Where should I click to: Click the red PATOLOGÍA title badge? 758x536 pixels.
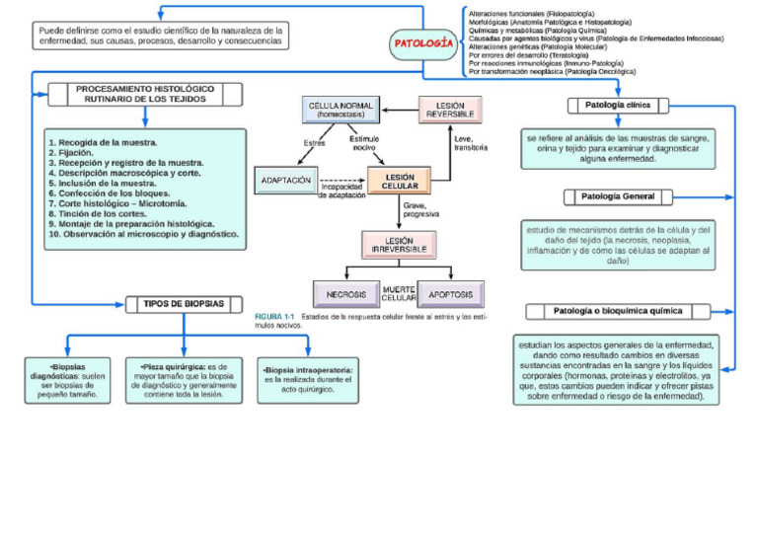(x=423, y=42)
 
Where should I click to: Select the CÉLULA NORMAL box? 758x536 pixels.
(x=341, y=109)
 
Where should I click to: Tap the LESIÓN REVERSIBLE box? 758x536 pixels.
(x=450, y=109)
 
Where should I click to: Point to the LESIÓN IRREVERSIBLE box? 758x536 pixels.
(x=399, y=244)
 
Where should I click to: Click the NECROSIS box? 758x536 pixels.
(x=345, y=294)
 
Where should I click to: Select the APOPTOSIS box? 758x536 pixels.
(x=450, y=294)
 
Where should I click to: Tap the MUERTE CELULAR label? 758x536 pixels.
(x=399, y=293)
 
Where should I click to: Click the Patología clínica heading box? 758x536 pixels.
(x=619, y=105)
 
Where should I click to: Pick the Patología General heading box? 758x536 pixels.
(x=618, y=196)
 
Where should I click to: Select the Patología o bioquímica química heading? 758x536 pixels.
(x=618, y=311)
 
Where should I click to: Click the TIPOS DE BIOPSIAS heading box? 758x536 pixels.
(x=184, y=303)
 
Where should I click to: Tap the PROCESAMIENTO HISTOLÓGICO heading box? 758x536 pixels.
(x=144, y=94)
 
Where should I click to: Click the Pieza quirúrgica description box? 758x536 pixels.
(x=186, y=380)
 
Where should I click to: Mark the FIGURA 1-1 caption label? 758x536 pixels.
(x=275, y=316)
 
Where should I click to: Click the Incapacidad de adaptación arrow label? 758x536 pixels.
(x=342, y=191)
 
